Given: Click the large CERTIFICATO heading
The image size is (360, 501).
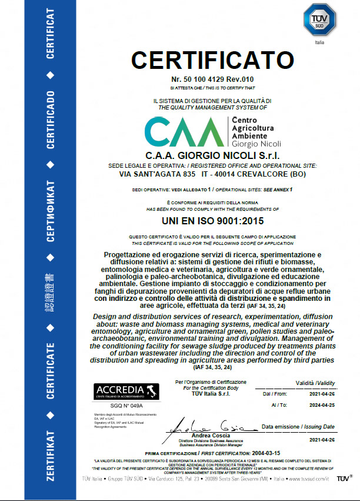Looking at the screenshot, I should pos(212,60).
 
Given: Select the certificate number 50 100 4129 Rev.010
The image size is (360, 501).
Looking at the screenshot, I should pos(212,79).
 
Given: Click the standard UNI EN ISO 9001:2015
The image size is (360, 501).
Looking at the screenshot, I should pos(212,221).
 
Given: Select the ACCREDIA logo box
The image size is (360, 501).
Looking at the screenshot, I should pos(119,392).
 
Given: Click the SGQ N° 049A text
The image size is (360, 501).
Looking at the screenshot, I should pos(119,406).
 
